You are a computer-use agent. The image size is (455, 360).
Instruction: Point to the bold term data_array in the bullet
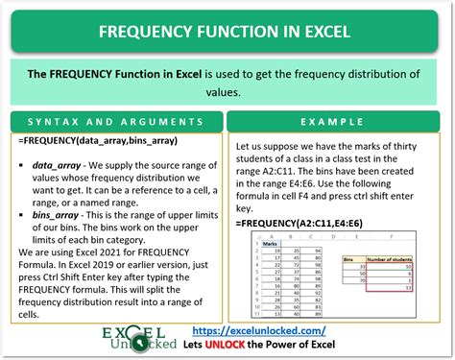click(x=60, y=164)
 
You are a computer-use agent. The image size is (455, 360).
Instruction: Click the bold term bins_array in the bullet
click(x=60, y=214)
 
